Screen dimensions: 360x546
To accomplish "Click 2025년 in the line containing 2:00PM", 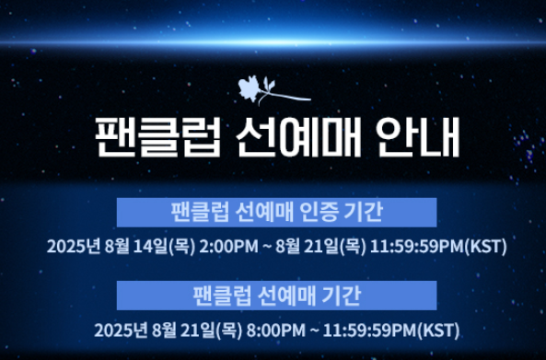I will [72, 247].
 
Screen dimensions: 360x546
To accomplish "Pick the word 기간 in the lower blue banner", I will [341, 296].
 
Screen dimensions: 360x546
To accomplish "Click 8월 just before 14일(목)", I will [119, 247].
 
